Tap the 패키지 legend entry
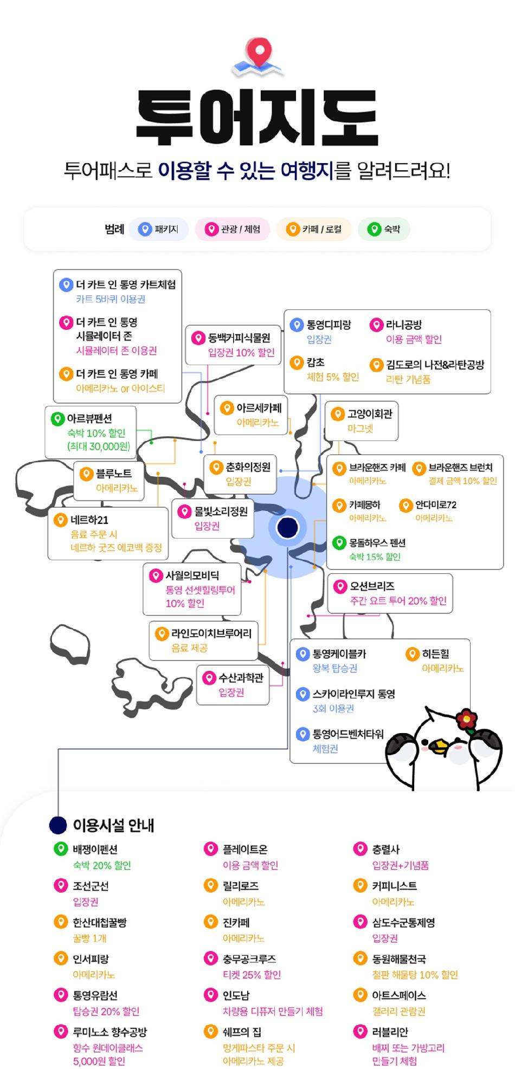(x=158, y=229)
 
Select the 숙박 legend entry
(x=384, y=229)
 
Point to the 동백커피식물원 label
(x=239, y=338)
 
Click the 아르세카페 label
(x=259, y=408)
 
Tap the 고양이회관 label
(x=370, y=414)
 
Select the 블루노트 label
(x=114, y=474)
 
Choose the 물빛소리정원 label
(x=221, y=511)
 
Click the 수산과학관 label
(x=241, y=678)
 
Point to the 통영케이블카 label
(x=339, y=654)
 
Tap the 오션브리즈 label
(x=372, y=586)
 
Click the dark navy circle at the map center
(x=287, y=527)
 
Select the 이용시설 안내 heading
(x=114, y=825)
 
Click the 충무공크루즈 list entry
(x=249, y=959)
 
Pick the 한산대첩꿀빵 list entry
(x=100, y=923)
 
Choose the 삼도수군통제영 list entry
(x=403, y=923)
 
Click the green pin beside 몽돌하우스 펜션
(x=339, y=542)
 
